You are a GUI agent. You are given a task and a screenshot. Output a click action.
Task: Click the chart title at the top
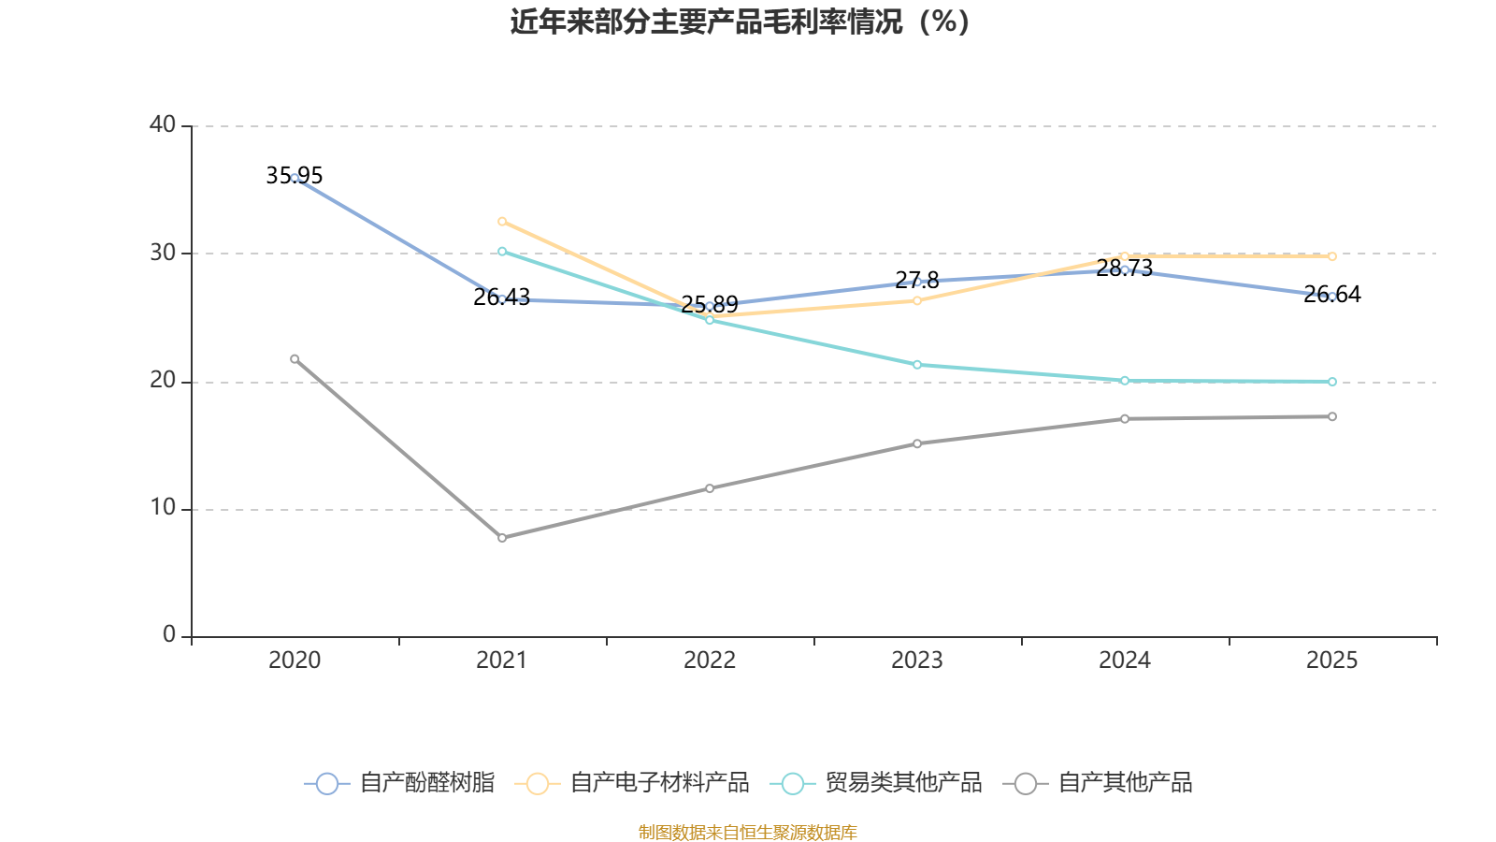740,22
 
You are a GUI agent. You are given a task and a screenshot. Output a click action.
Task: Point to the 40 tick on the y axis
163,124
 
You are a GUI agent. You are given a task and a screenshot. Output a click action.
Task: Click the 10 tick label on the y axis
163,508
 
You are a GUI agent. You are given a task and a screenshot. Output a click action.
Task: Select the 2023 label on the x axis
916,661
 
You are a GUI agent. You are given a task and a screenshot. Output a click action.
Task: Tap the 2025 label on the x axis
1331,661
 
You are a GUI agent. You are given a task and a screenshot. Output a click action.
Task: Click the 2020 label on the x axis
295,661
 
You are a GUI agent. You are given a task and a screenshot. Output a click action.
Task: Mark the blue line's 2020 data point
295,178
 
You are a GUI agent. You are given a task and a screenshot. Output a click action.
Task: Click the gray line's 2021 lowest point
502,538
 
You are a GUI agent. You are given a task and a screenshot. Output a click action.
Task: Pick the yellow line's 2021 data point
502,221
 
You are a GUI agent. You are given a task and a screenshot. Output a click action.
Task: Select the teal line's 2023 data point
917,365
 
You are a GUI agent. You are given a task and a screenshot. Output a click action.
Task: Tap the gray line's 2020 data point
295,358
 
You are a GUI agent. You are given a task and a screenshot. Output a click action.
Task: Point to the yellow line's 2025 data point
1332,256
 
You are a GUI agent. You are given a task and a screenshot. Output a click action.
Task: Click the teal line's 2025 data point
1332,382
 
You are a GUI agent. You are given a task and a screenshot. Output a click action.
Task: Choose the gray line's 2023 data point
917,443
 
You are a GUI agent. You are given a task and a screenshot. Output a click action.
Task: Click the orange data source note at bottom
748,832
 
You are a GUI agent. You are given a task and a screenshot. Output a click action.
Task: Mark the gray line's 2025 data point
1332,416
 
